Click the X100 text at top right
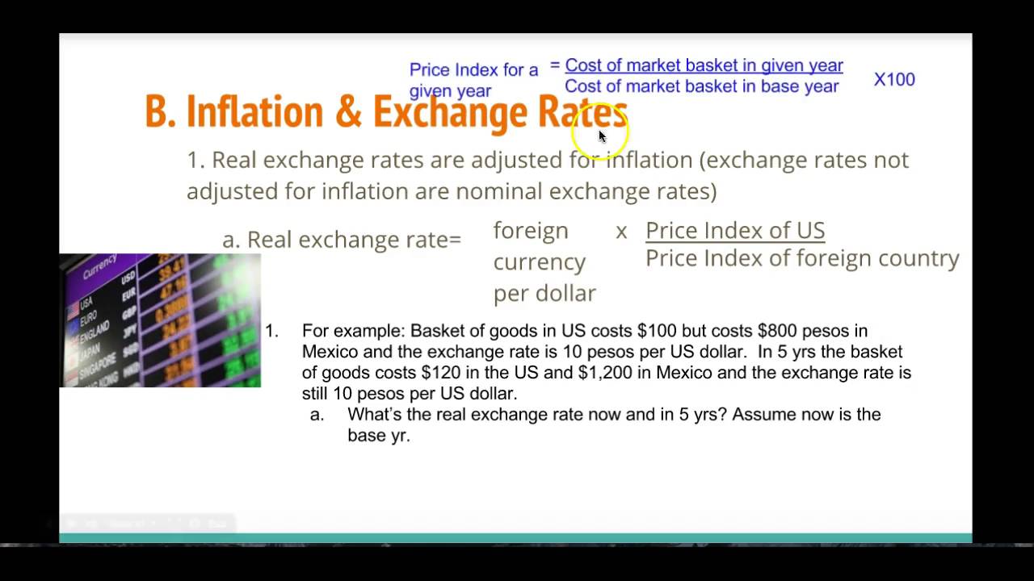894,80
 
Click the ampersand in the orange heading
347,112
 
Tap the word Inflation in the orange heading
254,112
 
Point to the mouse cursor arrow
602,136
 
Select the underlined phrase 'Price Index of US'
734,231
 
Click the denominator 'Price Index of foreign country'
801,258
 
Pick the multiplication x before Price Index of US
621,232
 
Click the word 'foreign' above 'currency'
531,231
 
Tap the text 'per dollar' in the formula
544,293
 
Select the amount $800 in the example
777,331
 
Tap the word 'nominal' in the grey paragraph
498,191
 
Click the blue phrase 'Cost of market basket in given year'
704,65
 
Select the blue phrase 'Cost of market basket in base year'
701,86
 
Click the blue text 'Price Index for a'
473,70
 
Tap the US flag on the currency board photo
74,307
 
